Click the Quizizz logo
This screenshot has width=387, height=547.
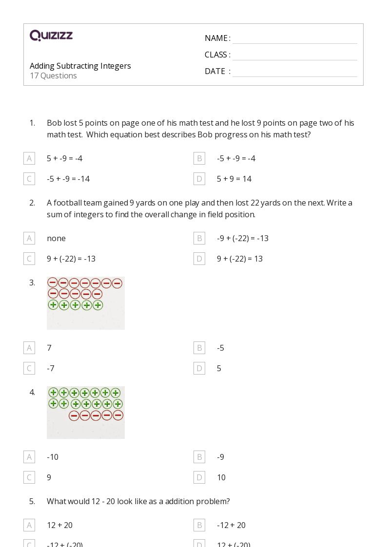[x=51, y=36]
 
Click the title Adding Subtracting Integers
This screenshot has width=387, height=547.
[x=80, y=66]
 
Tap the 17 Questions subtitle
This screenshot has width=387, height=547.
[x=53, y=75]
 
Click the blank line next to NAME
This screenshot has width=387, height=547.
[x=294, y=38]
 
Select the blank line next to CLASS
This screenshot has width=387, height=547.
[x=294, y=55]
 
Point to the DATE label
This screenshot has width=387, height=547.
[x=215, y=71]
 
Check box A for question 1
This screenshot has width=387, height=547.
[x=29, y=158]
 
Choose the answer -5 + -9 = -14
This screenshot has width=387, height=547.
[x=68, y=179]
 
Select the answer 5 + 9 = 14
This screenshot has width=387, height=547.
[x=234, y=179]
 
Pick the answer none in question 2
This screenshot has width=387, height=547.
[x=56, y=238]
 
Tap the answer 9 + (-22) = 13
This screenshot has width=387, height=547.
[x=239, y=259]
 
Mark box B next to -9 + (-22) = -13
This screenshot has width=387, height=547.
[x=199, y=238]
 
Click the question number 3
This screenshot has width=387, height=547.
[x=32, y=283]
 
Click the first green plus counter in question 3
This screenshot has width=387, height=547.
[x=53, y=305]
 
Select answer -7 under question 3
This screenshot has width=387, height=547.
[x=51, y=368]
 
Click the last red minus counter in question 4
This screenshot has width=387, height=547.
[x=117, y=415]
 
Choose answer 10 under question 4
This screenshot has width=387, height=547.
[x=221, y=477]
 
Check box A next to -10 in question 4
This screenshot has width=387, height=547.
[x=29, y=457]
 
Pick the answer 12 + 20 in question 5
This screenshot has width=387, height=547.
[x=59, y=525]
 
